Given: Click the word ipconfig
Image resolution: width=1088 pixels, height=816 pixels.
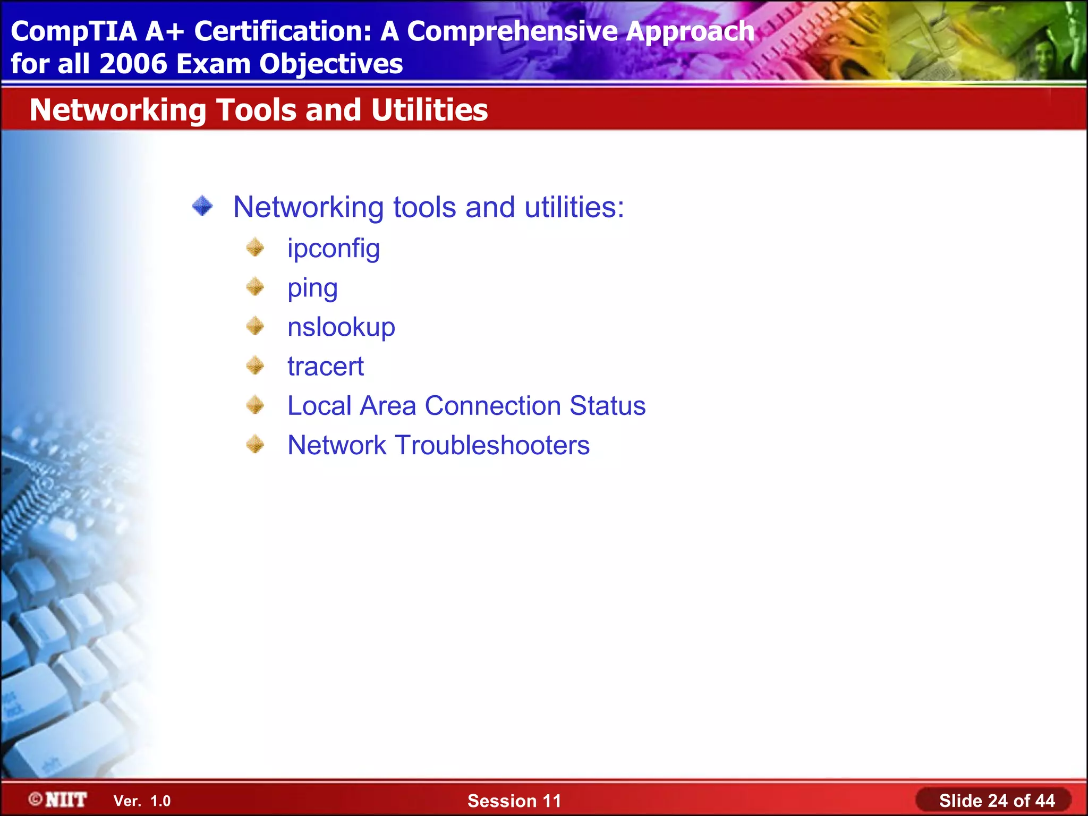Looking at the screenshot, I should [333, 249].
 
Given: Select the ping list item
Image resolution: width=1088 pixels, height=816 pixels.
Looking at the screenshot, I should [312, 288].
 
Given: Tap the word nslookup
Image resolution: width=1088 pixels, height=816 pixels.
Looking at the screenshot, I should [341, 327].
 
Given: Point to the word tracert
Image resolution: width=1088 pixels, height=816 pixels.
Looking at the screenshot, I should [325, 367].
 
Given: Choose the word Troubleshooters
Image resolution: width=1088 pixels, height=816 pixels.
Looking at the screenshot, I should [492, 445].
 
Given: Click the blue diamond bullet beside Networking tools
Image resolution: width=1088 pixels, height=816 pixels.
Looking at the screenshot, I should [202, 206].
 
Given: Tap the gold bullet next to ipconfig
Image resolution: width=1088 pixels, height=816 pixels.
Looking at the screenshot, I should [256, 248].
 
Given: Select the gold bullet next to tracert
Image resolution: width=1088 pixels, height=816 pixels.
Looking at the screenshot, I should [256, 365].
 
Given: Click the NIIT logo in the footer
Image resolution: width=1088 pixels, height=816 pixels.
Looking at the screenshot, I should [58, 800].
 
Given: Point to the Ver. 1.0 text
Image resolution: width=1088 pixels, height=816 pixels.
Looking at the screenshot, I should [142, 801].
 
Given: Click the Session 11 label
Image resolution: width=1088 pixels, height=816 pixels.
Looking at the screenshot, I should [514, 801].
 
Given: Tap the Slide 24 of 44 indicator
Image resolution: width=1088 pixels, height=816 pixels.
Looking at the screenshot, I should [997, 801].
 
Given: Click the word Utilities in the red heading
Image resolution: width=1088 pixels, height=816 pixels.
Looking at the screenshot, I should [429, 110].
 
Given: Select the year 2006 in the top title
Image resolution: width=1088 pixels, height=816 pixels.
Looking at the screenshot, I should [133, 64].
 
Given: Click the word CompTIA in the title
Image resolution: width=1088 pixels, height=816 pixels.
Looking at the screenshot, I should [74, 31].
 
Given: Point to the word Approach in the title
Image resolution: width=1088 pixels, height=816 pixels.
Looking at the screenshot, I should [690, 31].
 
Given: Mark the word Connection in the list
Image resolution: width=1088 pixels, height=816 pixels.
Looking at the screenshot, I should [492, 406].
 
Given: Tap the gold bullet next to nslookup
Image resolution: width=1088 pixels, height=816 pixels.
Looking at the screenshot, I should [256, 326].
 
